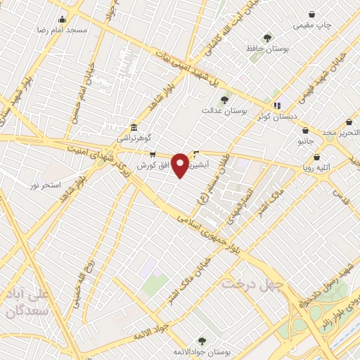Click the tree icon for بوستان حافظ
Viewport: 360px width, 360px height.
[x=267, y=38]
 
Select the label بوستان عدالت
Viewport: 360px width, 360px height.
[x=221, y=110]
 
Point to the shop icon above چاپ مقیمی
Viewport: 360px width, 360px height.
[x=312, y=14]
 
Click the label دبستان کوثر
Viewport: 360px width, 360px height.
[x=276, y=117]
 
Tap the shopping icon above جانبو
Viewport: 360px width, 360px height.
[x=304, y=130]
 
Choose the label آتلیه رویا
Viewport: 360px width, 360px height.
[x=319, y=169]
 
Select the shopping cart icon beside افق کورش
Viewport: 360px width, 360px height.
[x=153, y=155]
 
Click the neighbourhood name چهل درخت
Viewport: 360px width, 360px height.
[x=252, y=284]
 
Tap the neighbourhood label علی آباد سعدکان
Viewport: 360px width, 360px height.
[x=25, y=301]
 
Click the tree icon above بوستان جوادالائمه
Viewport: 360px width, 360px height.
[x=202, y=340]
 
